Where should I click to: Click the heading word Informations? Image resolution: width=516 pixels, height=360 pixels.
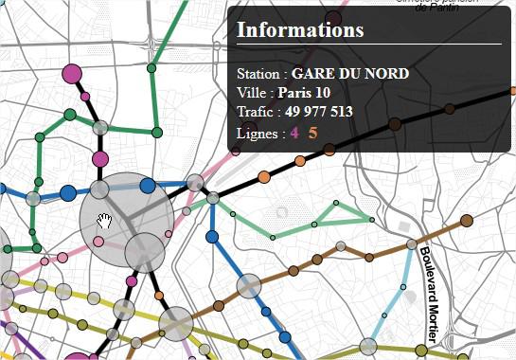click(299, 29)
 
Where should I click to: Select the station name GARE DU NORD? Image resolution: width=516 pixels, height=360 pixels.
click(350, 73)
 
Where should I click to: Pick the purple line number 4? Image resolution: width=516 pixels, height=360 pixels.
click(294, 133)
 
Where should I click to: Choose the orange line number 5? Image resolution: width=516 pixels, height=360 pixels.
click(312, 133)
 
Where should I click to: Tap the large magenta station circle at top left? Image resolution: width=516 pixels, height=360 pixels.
click(72, 73)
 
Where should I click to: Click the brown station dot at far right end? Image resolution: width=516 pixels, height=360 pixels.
click(467, 221)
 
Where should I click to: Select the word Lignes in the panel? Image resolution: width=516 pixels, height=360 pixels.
click(257, 133)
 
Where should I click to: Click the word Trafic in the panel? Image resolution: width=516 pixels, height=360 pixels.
click(257, 112)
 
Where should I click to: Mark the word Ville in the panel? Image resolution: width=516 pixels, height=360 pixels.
click(253, 93)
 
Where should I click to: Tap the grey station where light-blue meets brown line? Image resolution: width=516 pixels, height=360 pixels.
click(412, 244)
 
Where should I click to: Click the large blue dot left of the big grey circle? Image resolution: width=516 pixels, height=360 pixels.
click(68, 193)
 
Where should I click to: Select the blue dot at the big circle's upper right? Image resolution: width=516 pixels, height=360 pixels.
click(147, 187)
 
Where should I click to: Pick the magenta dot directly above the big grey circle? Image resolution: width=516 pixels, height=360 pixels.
click(101, 158)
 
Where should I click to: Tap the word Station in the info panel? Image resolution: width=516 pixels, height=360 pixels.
click(258, 73)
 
